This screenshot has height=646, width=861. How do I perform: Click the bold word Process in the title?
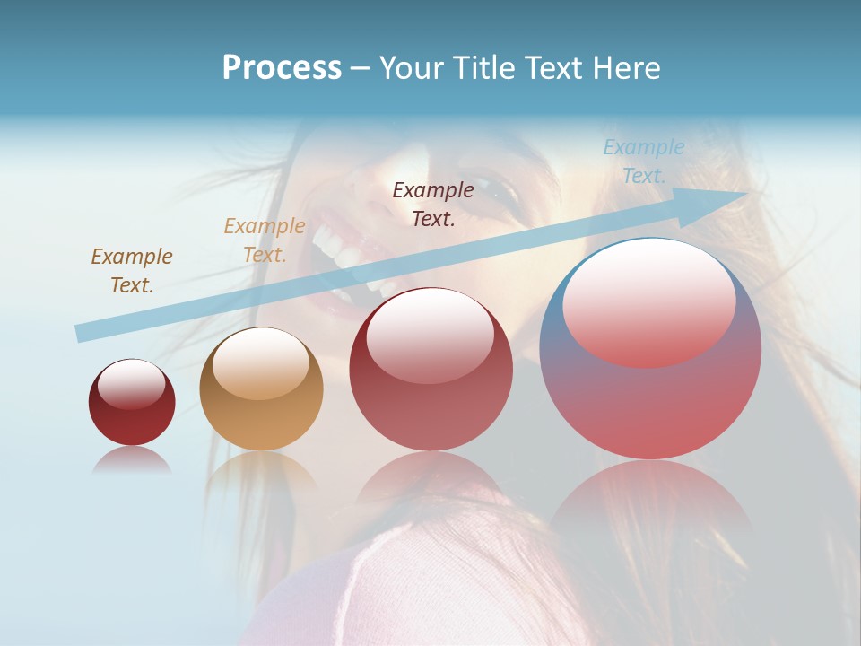282,68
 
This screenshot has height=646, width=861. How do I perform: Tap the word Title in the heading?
484,68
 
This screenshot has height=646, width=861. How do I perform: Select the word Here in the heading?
629,68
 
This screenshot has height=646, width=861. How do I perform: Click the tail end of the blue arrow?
79,334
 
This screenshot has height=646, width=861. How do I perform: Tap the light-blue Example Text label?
643,161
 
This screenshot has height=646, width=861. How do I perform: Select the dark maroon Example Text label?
433,204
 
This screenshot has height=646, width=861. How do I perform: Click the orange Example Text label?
265,240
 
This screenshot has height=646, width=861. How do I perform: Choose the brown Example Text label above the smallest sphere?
132,270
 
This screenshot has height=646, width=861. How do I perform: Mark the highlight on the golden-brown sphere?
260,363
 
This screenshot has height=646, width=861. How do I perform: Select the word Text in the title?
553,68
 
